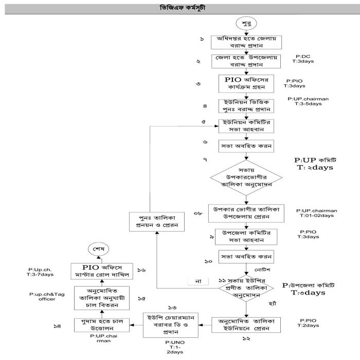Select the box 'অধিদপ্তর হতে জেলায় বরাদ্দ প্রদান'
pyautogui.click(x=246, y=42)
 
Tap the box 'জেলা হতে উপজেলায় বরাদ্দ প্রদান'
pyautogui.click(x=246, y=62)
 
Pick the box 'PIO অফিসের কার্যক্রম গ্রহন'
pyautogui.click(x=246, y=84)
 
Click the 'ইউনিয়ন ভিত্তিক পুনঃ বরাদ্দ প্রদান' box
pyautogui.click(x=246, y=106)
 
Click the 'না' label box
pyautogui.click(x=197, y=281)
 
